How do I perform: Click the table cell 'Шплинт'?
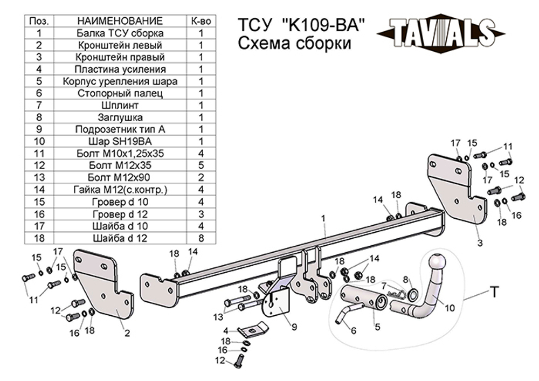pos(120,105)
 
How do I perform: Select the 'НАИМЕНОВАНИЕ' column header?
pos(120,21)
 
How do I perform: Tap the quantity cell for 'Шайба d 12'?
pos(201,238)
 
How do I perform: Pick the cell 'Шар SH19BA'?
pos(120,141)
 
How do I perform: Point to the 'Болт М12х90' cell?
pos(120,177)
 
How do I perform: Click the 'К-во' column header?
pos(201,21)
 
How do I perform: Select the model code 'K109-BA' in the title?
pos(324,25)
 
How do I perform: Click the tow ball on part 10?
pos(436,264)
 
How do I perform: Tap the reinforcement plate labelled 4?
pos(253,328)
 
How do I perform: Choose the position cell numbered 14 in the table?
pos(39,189)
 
